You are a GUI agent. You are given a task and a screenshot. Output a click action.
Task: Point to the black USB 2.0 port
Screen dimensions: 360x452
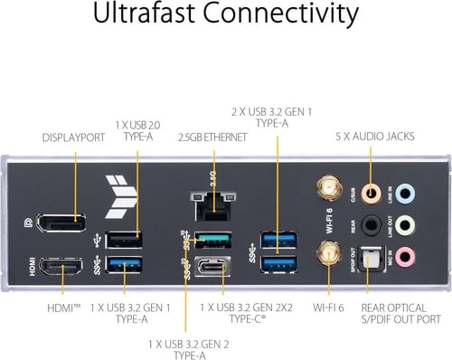pos(123,240)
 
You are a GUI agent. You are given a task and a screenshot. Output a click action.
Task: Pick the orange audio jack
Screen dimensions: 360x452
pos(369,192)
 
